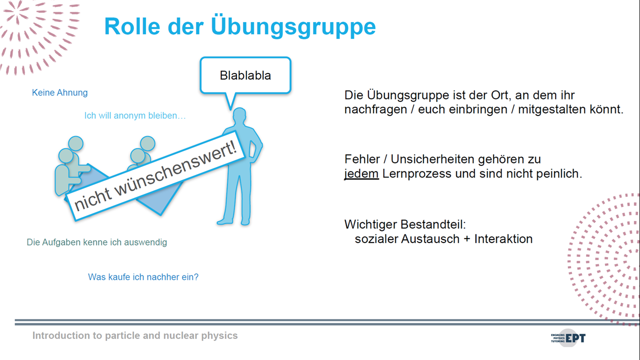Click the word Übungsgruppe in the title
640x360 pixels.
click(293, 26)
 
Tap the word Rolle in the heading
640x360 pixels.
click(132, 26)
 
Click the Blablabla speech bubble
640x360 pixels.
click(245, 75)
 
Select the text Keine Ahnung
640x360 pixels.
click(59, 92)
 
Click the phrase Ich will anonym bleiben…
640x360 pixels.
click(135, 115)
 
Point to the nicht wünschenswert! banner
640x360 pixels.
click(155, 175)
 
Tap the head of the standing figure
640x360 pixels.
click(239, 115)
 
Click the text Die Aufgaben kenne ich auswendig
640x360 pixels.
click(97, 242)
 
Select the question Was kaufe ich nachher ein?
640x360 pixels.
click(143, 277)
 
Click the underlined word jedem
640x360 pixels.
click(361, 173)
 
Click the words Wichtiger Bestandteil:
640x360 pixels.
click(405, 224)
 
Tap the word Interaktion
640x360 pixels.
click(503, 239)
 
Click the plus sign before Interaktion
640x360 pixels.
click(467, 239)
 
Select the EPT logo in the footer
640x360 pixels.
click(568, 338)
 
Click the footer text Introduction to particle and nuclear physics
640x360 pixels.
click(135, 335)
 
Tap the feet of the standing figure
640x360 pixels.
click(233, 221)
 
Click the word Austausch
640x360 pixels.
click(430, 239)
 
